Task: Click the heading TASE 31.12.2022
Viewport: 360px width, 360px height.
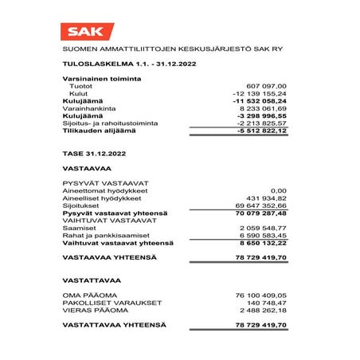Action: (x=93, y=152)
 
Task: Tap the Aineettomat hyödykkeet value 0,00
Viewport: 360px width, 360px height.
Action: (x=278, y=190)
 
